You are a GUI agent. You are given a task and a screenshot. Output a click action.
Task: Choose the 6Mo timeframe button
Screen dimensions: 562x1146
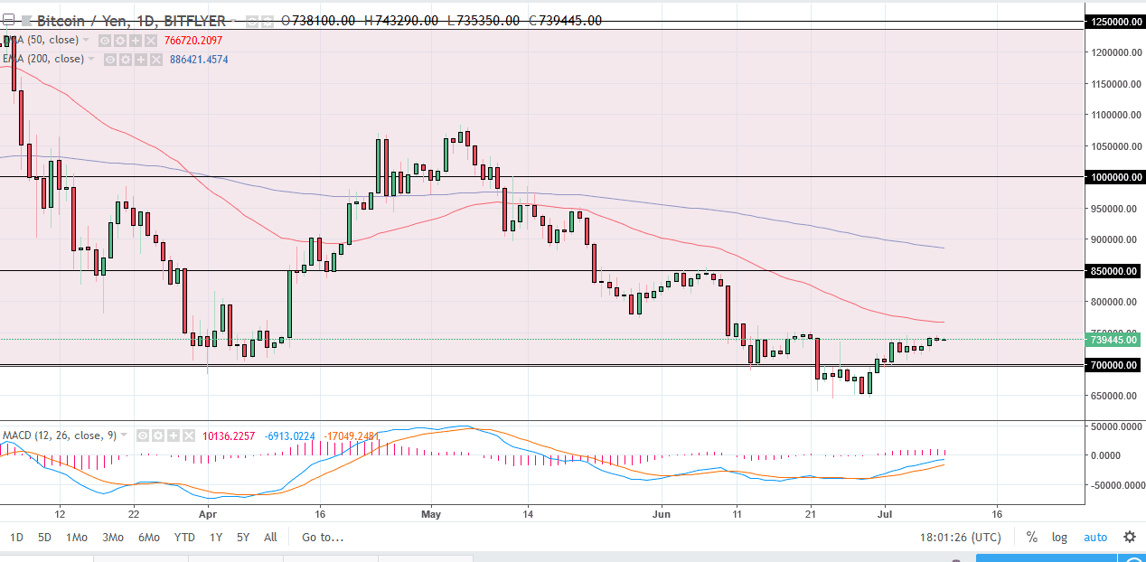point(148,538)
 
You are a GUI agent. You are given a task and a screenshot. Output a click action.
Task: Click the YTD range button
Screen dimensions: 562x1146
point(184,538)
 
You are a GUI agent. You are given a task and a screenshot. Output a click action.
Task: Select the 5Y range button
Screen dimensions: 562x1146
point(243,538)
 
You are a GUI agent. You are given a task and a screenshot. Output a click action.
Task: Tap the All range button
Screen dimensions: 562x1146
point(270,538)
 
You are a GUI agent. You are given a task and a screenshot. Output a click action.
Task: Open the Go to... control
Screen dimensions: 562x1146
point(323,538)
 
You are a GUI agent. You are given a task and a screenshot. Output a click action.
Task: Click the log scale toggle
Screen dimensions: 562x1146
point(1059,538)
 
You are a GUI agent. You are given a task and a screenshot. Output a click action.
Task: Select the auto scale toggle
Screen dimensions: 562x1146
point(1095,538)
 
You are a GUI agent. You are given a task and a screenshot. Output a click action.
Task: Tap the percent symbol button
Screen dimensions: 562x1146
point(1031,538)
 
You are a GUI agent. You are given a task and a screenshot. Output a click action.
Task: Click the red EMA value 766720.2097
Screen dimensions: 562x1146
point(193,41)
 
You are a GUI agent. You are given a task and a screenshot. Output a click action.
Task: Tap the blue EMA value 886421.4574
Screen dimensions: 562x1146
point(199,60)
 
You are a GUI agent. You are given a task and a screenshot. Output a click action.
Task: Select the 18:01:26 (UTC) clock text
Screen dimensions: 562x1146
point(960,538)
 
